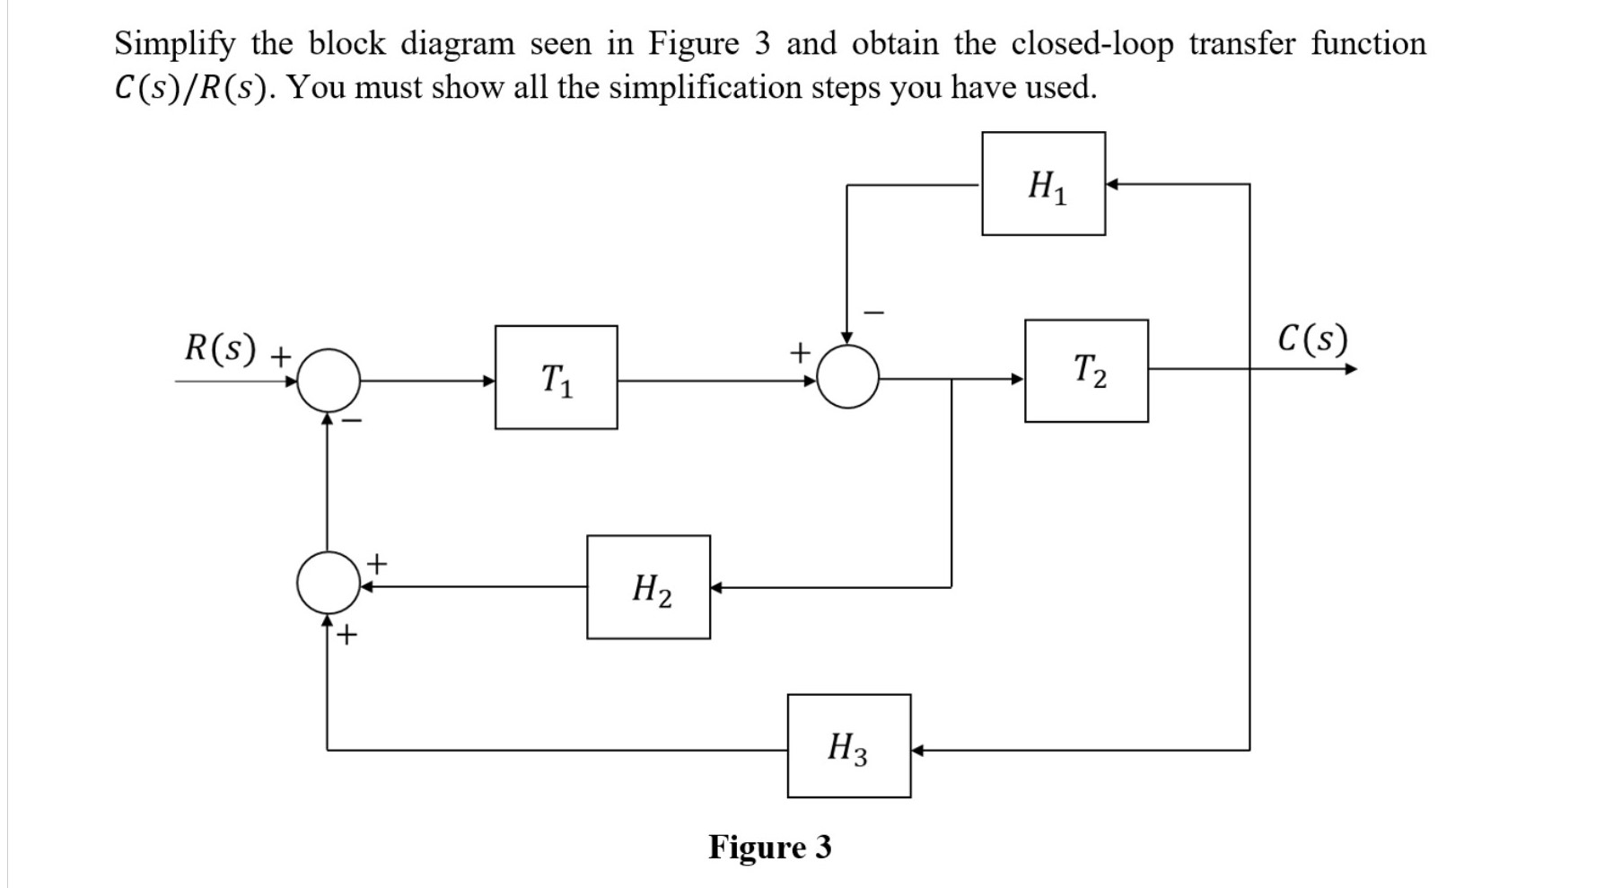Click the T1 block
pos(556,377)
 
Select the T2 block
pos(1086,371)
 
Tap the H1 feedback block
pos(1043,184)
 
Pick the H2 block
pos(648,587)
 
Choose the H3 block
pos(848,746)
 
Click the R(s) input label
pos(221,347)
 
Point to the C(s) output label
pos(1312,339)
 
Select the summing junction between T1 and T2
pos(847,377)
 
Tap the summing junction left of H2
pos(328,585)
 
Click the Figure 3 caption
pos(770,847)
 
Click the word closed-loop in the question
pos(1091,44)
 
